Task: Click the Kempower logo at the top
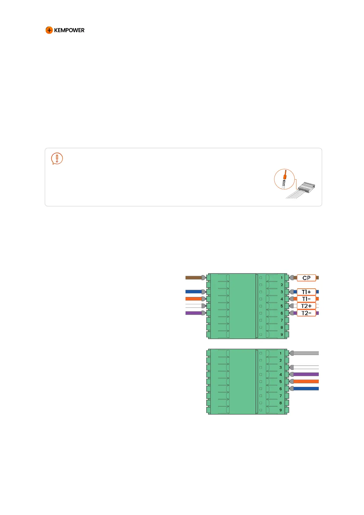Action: tap(65, 30)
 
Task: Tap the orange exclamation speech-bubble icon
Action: tap(57, 158)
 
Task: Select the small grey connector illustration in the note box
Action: tap(306, 187)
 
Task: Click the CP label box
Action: tap(306, 278)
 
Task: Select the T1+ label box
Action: tap(306, 292)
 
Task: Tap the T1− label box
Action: tap(306, 299)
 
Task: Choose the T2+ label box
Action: tap(306, 306)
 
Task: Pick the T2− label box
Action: tap(306, 313)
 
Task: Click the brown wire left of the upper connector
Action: tap(193, 278)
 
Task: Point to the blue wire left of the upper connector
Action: tap(193, 292)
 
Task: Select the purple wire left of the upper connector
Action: tap(193, 313)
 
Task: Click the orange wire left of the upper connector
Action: tap(193, 299)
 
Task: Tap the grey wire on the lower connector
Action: tap(306, 353)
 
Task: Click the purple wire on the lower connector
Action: tap(306, 374)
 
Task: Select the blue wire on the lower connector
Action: tap(306, 389)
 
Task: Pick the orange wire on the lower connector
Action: tap(306, 381)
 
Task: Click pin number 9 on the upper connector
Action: tap(282, 335)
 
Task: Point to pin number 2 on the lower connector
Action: tap(281, 360)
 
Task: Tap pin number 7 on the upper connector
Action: tap(282, 320)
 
